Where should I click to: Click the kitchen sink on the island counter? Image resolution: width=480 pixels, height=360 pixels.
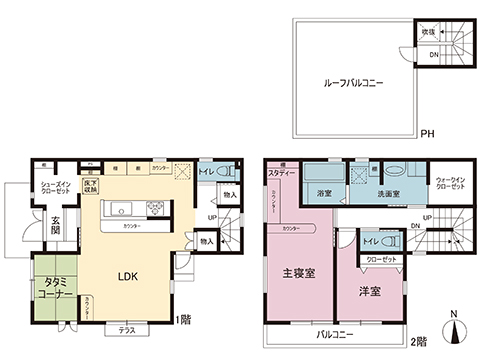[x=118, y=208]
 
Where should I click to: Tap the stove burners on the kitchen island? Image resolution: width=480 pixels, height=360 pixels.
[x=157, y=208]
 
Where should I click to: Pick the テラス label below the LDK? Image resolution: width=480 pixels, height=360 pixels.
[x=126, y=328]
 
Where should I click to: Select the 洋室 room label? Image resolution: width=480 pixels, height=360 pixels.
[x=369, y=292]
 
